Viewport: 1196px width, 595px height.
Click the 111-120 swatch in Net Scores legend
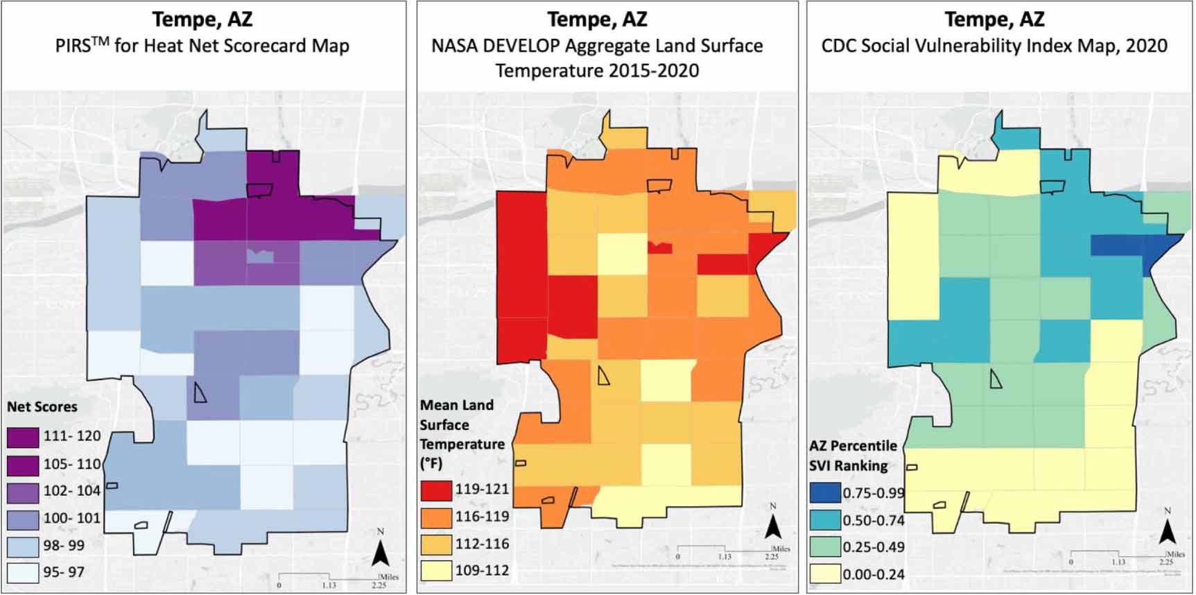[23, 437]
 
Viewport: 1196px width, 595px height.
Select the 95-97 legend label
[64, 572]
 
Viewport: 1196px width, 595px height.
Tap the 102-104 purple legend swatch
[23, 492]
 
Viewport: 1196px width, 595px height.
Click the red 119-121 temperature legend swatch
[436, 490]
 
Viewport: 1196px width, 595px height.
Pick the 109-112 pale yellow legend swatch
[436, 571]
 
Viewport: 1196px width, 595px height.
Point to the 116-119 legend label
[482, 517]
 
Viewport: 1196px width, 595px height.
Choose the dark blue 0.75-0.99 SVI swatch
[824, 493]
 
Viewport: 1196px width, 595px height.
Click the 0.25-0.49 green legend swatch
[824, 547]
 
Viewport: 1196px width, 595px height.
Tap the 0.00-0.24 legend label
[874, 574]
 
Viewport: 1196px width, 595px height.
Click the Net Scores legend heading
[42, 407]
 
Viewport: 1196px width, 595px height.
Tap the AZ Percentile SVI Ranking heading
[853, 456]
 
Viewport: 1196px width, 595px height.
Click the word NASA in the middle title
[454, 46]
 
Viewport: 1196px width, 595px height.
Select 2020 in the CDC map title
[1146, 46]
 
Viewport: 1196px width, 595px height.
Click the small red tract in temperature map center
[660, 248]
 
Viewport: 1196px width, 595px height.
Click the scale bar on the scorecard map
[329, 576]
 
